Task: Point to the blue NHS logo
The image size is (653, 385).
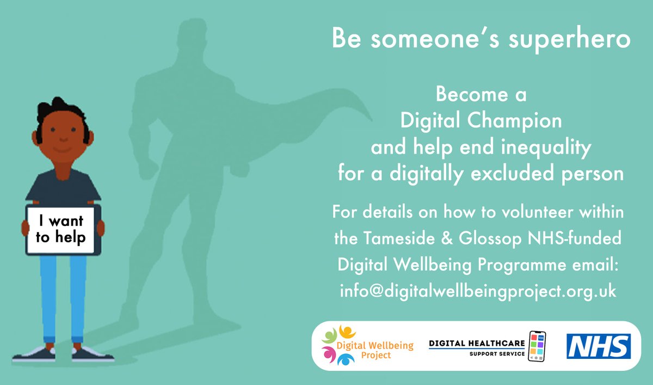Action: click(x=599, y=346)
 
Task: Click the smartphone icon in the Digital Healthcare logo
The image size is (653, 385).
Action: click(x=537, y=346)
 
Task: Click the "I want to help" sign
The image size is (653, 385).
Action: click(x=61, y=229)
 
